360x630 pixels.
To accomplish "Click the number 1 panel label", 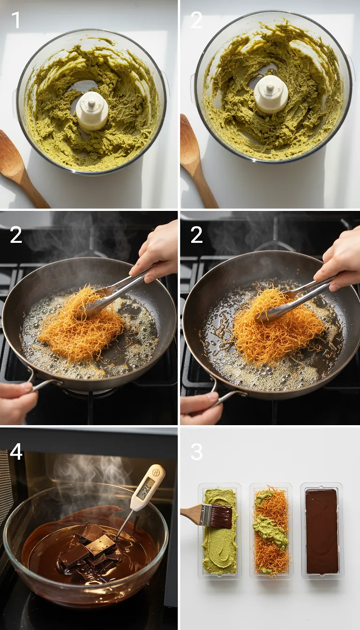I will click(x=15, y=20).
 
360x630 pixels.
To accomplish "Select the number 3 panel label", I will click(x=196, y=451).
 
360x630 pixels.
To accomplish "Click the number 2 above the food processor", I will click(x=196, y=20).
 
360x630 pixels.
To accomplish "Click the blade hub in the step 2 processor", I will click(x=271, y=94).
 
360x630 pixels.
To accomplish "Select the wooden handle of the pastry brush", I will click(x=190, y=514).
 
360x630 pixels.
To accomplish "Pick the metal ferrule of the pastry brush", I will click(x=206, y=515).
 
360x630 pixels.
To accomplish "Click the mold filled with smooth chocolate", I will click(x=322, y=531).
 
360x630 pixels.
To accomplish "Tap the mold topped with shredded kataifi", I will click(x=271, y=531).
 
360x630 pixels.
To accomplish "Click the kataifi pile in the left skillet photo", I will click(x=80, y=323).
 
